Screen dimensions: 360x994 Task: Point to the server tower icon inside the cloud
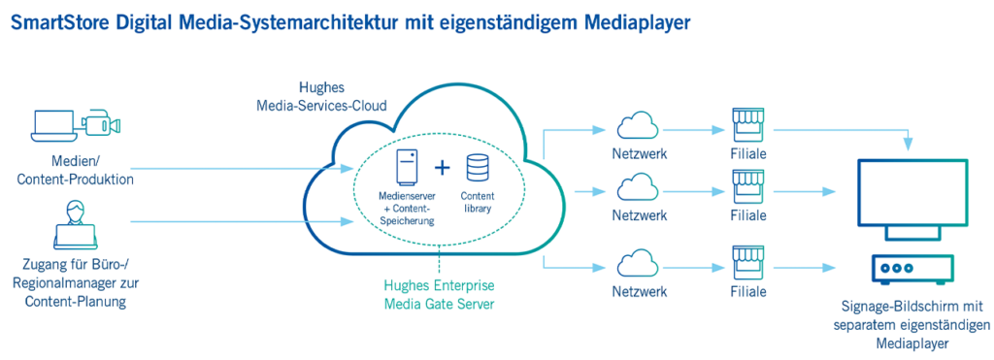tap(408, 166)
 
